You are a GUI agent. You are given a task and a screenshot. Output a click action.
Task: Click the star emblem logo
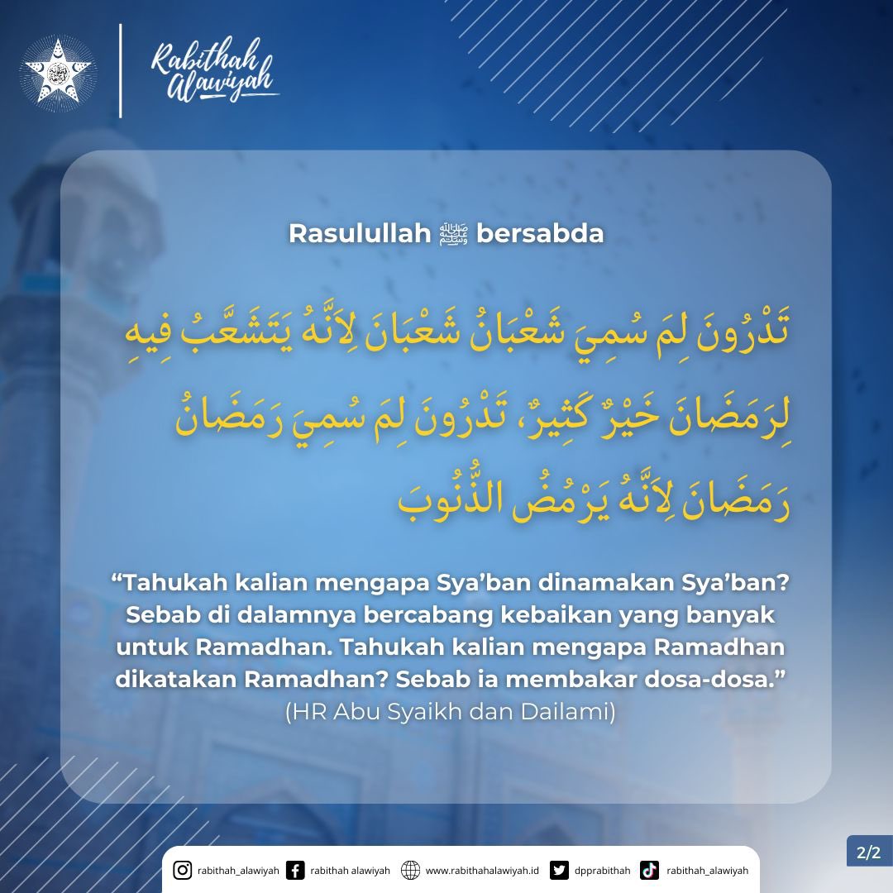[x=57, y=73]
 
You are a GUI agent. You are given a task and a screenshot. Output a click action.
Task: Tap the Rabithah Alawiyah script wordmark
[x=207, y=70]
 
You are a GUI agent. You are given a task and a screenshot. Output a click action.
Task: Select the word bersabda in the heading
[x=541, y=234]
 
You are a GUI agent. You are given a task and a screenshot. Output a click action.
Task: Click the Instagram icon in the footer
[x=183, y=870]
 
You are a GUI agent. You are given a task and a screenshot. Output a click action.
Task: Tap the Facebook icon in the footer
[x=294, y=870]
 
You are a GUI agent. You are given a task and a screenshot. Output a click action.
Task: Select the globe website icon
[x=409, y=870]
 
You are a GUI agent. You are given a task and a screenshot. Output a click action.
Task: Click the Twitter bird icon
[x=560, y=870]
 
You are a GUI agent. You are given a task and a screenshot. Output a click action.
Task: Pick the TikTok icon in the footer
[x=649, y=870]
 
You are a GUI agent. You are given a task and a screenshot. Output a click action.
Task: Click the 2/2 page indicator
[x=868, y=852]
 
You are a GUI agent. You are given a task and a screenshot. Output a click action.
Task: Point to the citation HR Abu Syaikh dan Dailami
[x=450, y=712]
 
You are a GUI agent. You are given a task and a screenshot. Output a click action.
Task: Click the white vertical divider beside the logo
[x=121, y=71]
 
